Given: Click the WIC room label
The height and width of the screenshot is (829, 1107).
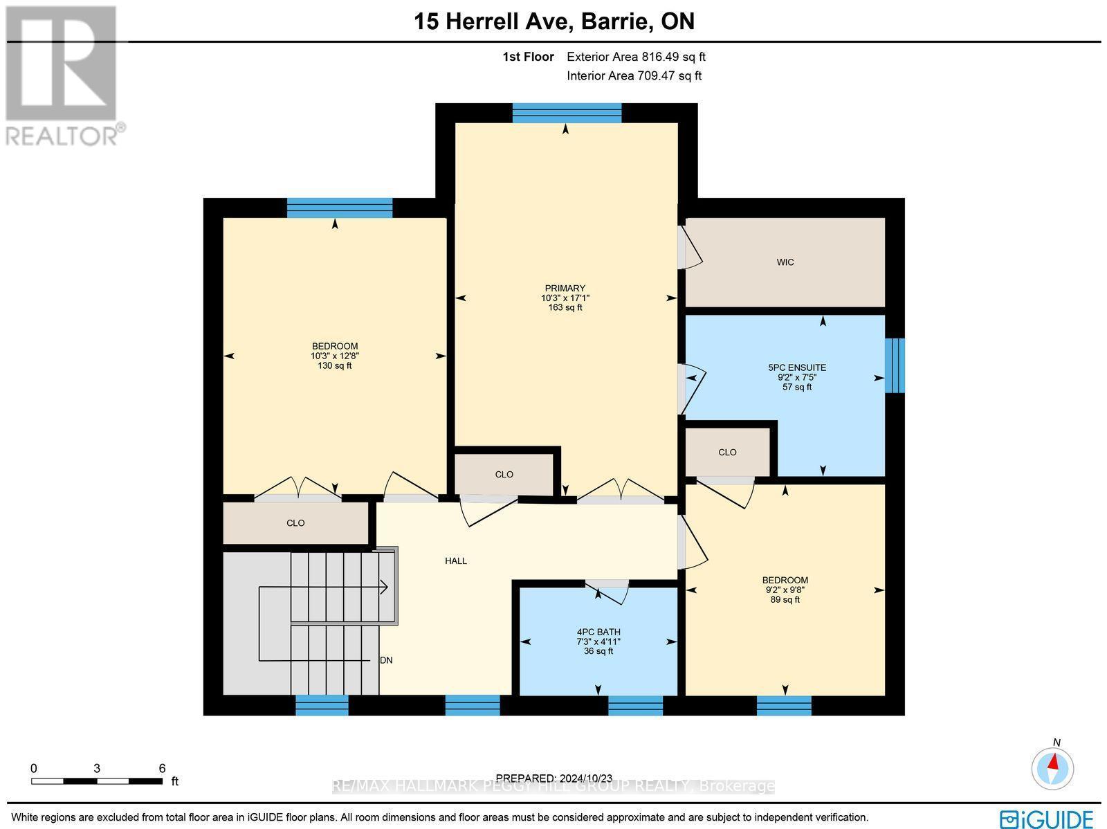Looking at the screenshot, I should pyautogui.click(x=785, y=262).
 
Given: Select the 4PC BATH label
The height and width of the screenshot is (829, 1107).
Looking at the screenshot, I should pyautogui.click(x=598, y=632).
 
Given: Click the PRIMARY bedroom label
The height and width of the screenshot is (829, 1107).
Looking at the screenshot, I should pyautogui.click(x=565, y=289).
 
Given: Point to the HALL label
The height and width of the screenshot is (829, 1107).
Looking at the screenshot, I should pyautogui.click(x=456, y=561).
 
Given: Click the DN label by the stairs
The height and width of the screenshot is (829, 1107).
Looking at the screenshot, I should pyautogui.click(x=386, y=660).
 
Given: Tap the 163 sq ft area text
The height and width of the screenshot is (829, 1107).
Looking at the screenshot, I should pyautogui.click(x=565, y=307).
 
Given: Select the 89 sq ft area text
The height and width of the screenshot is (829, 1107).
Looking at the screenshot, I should pyautogui.click(x=785, y=600).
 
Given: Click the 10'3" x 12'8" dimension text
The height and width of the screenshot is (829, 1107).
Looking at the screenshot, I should pyautogui.click(x=334, y=356).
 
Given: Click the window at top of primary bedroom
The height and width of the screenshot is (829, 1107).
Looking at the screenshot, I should pyautogui.click(x=567, y=113).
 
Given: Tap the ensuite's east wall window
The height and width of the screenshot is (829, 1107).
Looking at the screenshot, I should pyautogui.click(x=895, y=365).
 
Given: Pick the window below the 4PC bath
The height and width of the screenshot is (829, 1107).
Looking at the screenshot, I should pyautogui.click(x=635, y=705).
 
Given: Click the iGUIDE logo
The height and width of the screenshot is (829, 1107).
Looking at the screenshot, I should pyautogui.click(x=1047, y=819).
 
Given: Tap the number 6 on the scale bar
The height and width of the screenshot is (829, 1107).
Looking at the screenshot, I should pyautogui.click(x=162, y=768).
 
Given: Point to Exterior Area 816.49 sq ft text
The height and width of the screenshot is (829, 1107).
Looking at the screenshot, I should pyautogui.click(x=636, y=57).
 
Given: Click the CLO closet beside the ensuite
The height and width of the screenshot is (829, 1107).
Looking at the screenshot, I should pyautogui.click(x=727, y=453).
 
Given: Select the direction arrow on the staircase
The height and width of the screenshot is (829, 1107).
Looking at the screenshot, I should pyautogui.click(x=383, y=587).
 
